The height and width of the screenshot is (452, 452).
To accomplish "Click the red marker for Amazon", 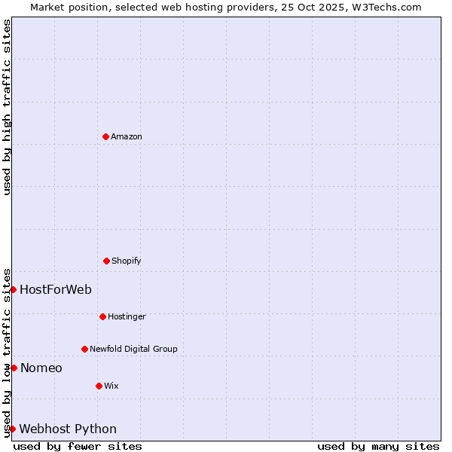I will point(105,136).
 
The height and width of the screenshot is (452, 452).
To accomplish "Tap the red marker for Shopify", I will point(106,261).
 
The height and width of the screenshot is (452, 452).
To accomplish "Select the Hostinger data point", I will point(102,316).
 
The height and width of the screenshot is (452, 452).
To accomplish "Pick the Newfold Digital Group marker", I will point(84,349).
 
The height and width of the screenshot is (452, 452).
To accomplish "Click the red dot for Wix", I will point(99,386).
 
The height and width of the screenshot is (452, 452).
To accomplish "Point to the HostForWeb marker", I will point(13,289).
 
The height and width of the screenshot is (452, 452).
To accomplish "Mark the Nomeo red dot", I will point(14,368).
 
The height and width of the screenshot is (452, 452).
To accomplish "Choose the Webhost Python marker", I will point(12,429).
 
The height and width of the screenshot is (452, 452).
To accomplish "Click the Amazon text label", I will point(127,136).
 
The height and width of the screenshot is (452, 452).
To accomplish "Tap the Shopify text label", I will point(127,261).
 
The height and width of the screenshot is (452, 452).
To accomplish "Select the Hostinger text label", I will point(127,316).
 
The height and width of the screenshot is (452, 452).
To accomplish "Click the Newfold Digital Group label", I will point(133,349).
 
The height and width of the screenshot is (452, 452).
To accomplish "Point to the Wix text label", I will point(111,386).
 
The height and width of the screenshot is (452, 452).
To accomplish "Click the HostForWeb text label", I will point(56,289).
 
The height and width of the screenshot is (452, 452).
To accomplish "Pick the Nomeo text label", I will point(41,368).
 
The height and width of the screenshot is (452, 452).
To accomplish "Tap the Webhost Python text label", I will point(68,429).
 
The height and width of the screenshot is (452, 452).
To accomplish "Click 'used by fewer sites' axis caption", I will point(78,446).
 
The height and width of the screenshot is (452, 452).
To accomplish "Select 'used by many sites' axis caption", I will point(378,446).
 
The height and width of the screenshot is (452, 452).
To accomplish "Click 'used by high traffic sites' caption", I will point(7,107).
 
